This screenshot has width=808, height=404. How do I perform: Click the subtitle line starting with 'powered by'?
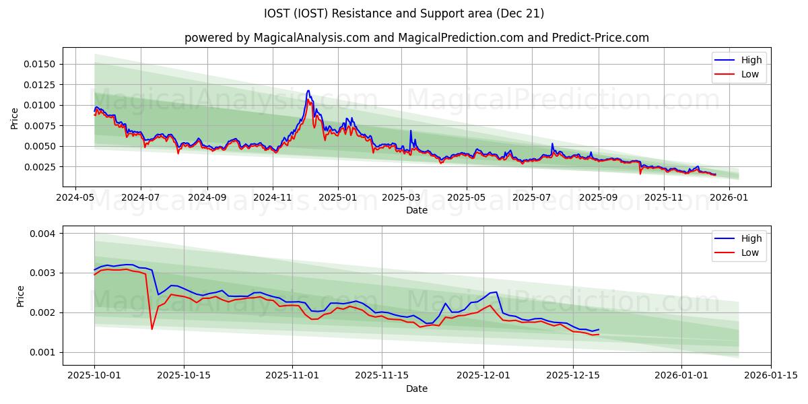[417, 38]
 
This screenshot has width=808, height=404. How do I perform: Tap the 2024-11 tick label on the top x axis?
[273, 197]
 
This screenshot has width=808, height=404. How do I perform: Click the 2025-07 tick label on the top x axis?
[531, 197]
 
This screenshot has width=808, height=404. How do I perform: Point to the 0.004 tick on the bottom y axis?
[44, 233]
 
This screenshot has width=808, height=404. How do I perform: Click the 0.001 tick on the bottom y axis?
[44, 352]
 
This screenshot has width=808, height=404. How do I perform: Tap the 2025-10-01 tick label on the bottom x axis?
[94, 376]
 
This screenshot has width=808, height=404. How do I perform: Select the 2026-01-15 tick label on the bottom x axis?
[771, 376]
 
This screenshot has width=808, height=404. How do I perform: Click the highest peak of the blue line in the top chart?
[308, 90]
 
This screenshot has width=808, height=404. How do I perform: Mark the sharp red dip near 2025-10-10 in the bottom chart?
[151, 329]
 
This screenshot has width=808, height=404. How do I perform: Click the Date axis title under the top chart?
[417, 210]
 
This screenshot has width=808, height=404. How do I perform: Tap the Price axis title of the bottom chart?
[21, 296]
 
